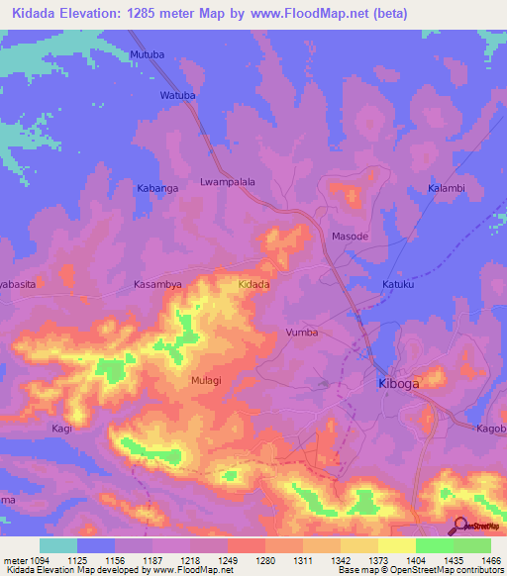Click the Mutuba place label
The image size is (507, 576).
[146, 57]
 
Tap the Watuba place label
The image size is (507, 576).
[178, 96]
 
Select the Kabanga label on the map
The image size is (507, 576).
[156, 187]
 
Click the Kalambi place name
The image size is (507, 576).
[446, 188]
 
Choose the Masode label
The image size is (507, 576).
[349, 237]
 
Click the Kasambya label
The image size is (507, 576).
[157, 284]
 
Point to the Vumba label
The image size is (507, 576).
[302, 333]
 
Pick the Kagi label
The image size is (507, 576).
[62, 428]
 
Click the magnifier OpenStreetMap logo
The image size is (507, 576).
[460, 526]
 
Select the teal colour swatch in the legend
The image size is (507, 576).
[58, 545]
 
